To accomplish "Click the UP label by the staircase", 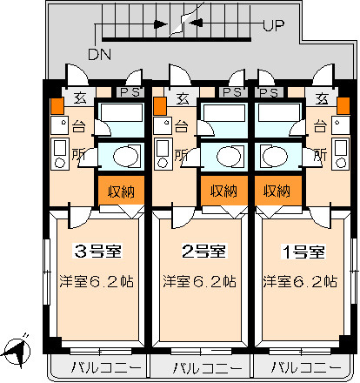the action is (274, 25).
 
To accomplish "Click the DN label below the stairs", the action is (99, 54).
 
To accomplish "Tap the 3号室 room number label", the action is (97, 251).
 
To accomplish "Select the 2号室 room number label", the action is (203, 251).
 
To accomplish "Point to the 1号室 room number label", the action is (303, 252).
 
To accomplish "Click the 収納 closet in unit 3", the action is (121, 191).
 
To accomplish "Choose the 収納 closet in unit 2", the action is (224, 191).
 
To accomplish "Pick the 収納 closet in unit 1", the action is (278, 191).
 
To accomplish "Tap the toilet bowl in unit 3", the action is (125, 157).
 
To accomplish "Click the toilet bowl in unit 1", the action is (275, 157).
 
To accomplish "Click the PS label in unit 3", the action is (130, 92).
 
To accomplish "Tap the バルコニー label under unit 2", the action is (207, 368).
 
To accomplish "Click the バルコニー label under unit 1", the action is (306, 368).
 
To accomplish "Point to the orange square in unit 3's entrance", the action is (57, 106).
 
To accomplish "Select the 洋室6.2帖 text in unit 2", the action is (199, 281).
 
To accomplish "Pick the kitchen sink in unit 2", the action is (162, 125).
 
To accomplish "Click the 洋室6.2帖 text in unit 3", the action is (97, 281).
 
